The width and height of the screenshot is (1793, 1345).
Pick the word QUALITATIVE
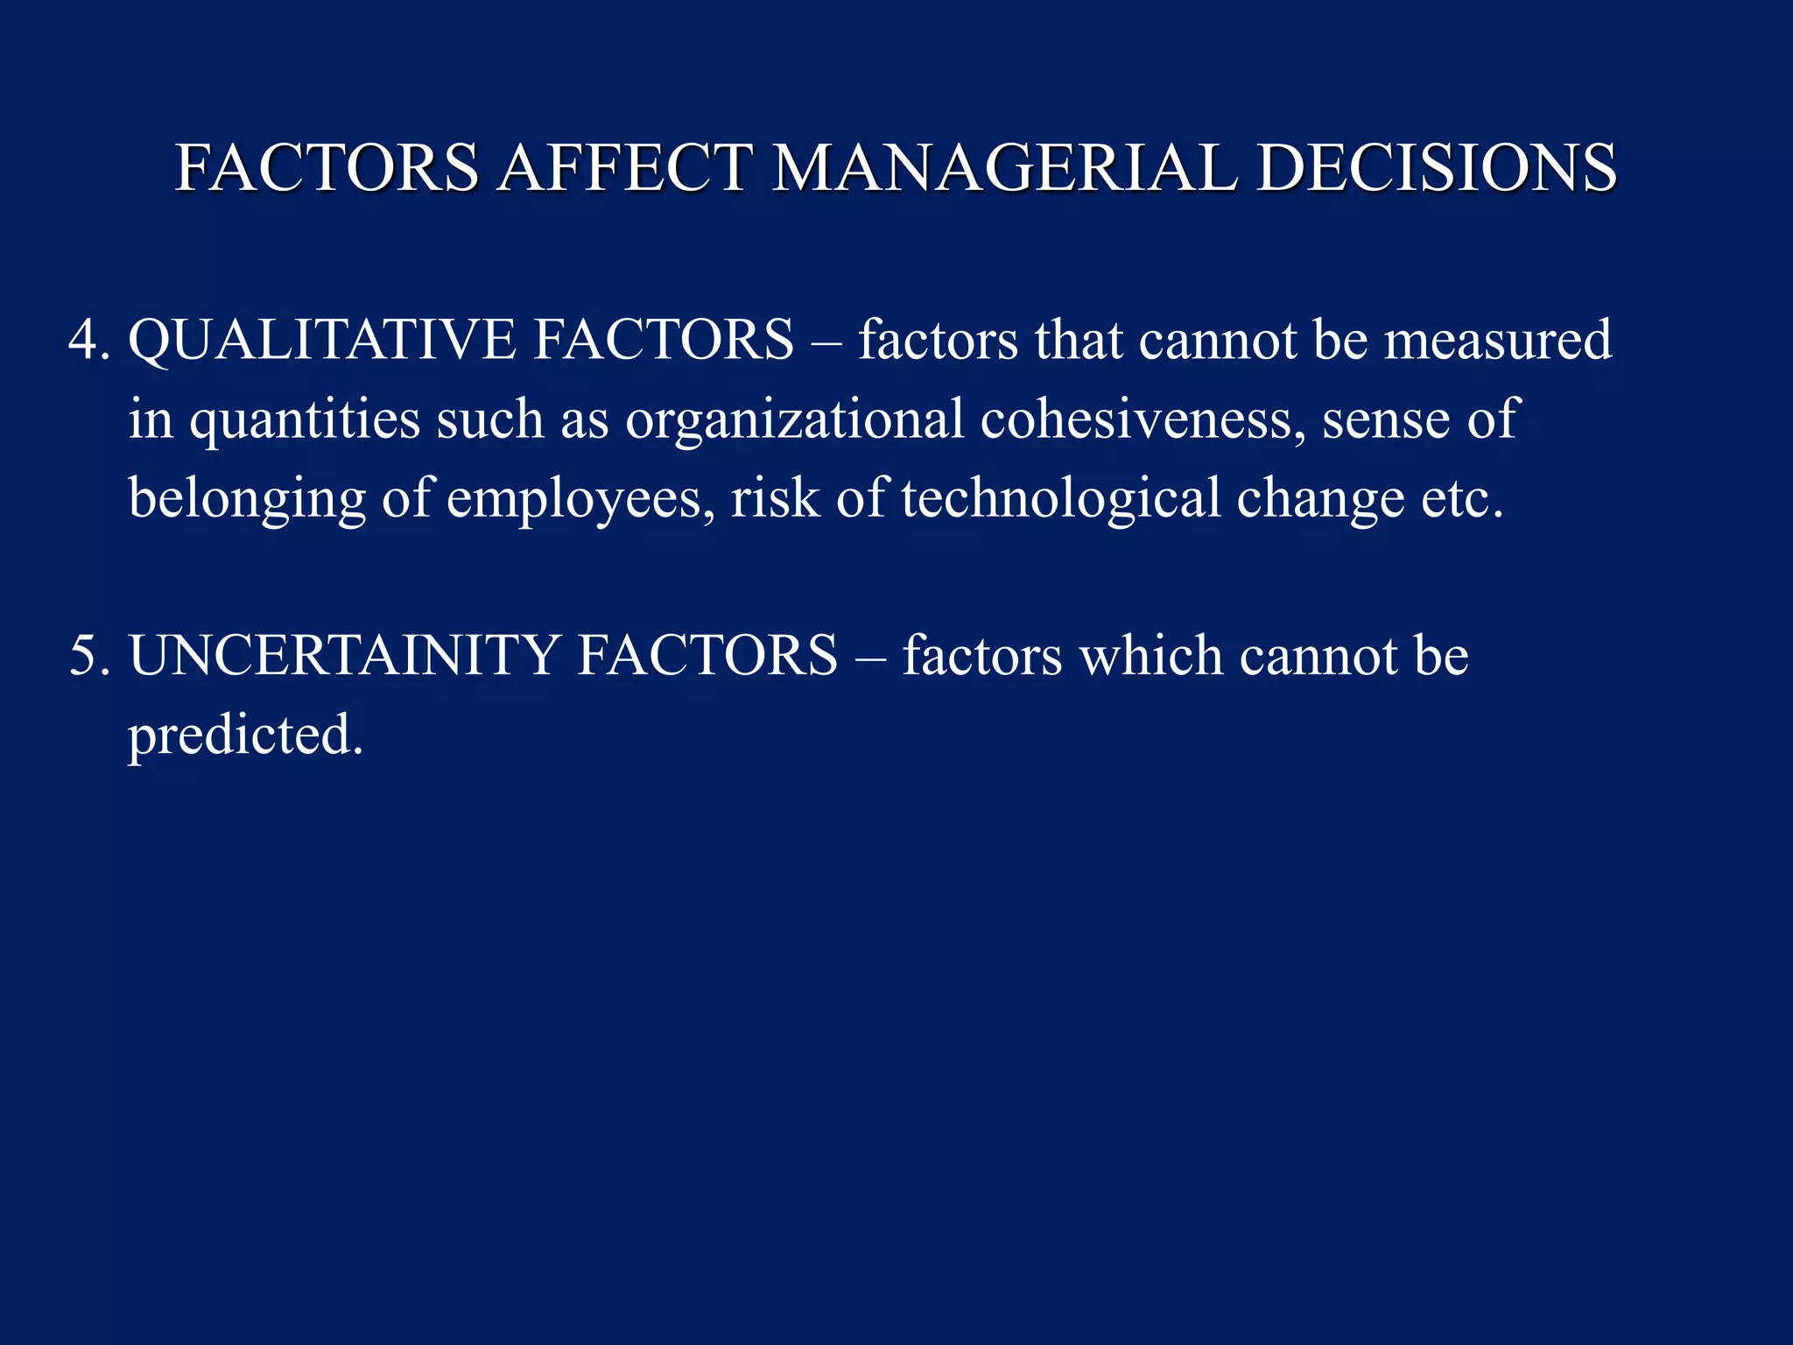click(321, 340)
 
